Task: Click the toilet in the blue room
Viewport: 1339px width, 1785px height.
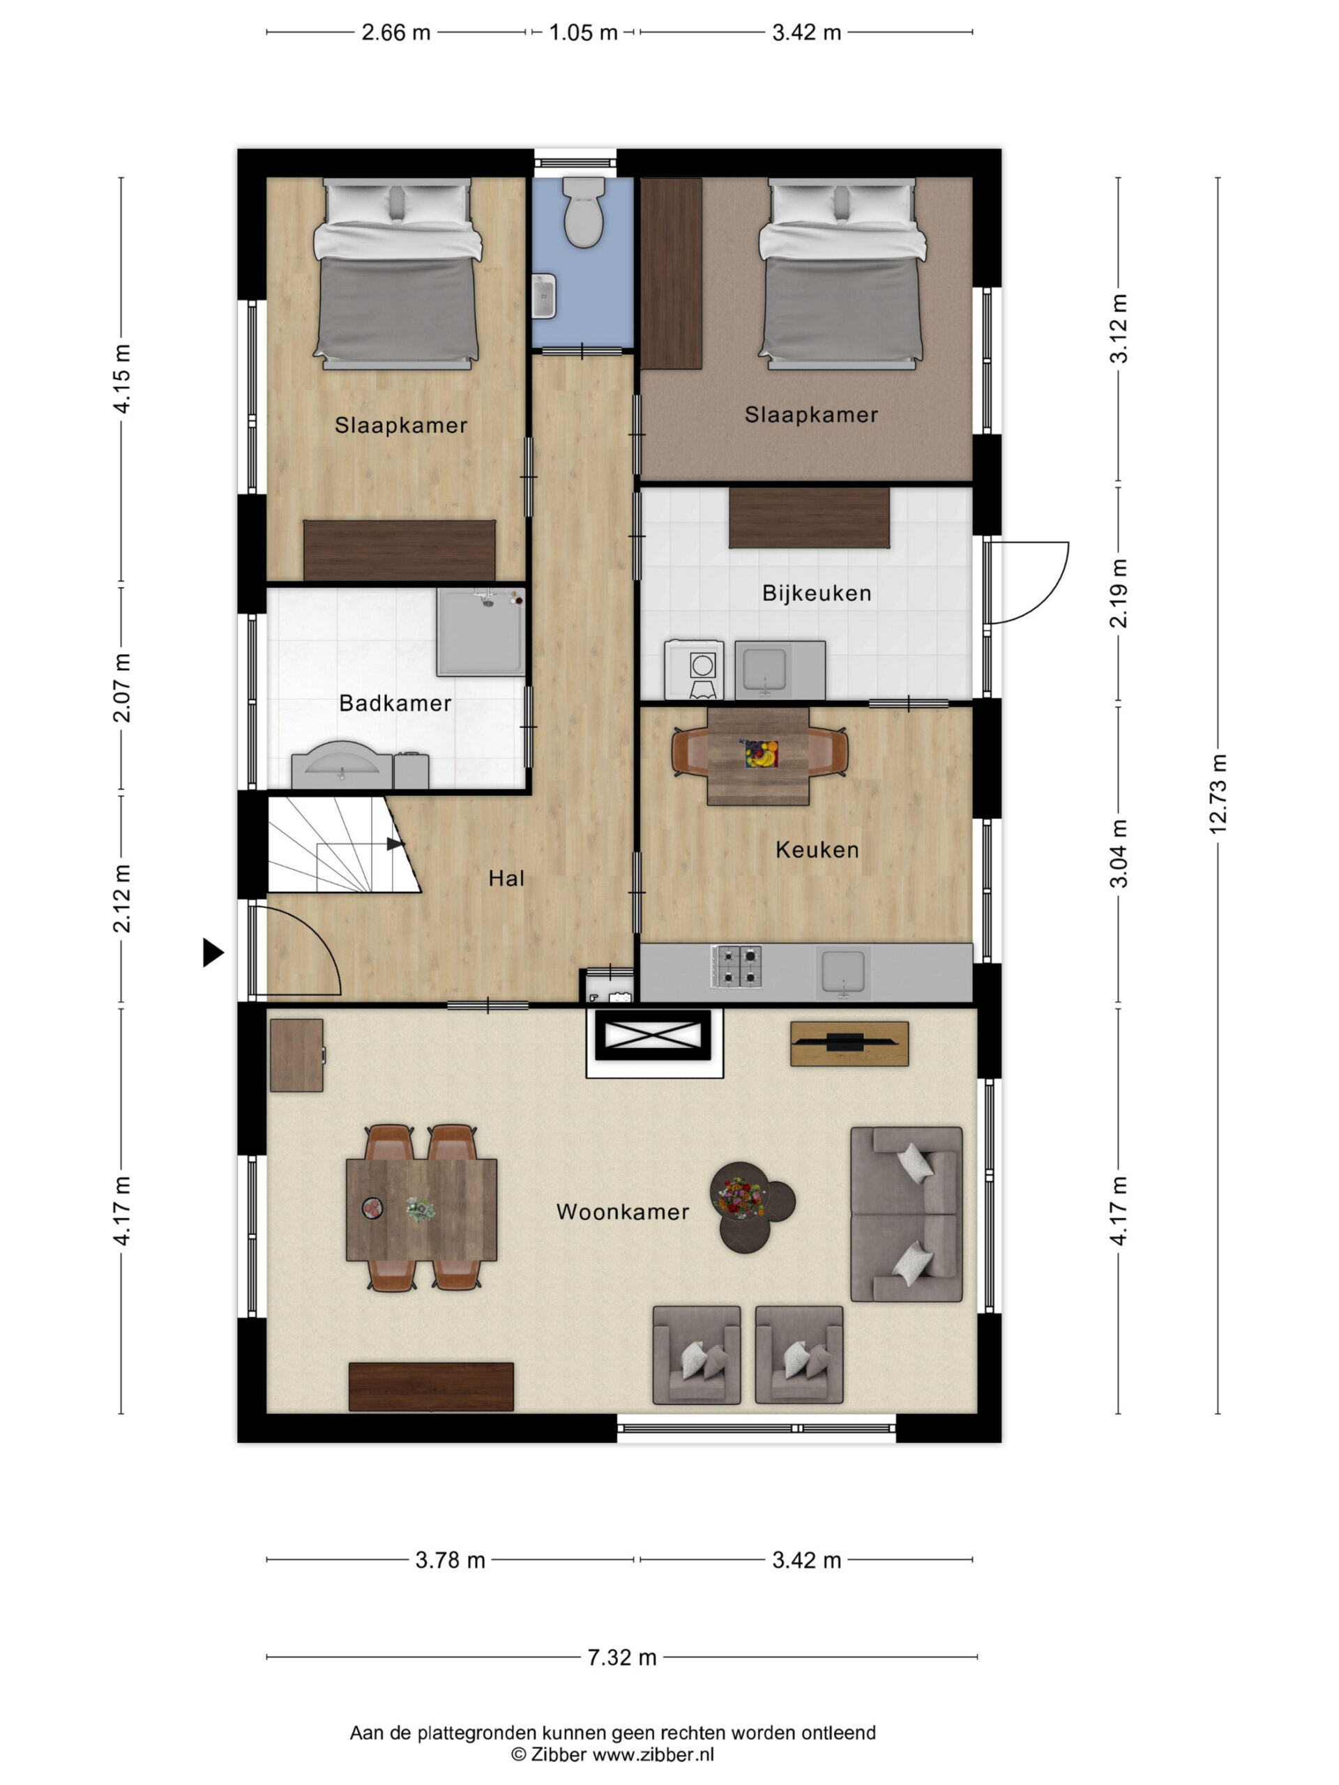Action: (x=584, y=212)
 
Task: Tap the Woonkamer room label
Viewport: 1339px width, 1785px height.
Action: (x=622, y=1211)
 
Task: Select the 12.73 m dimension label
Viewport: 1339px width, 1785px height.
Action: (x=1217, y=794)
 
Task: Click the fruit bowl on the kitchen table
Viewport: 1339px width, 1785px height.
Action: (x=760, y=754)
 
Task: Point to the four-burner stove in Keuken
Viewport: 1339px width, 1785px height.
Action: (x=736, y=966)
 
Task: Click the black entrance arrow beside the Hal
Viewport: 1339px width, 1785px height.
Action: (x=212, y=952)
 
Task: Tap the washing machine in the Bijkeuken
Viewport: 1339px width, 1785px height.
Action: (x=694, y=669)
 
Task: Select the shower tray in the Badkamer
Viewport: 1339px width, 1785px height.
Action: (x=481, y=631)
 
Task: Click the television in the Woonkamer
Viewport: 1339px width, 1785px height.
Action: (x=849, y=1043)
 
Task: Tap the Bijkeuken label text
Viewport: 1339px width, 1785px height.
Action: (x=817, y=593)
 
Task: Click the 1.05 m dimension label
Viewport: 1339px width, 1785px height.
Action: (x=583, y=32)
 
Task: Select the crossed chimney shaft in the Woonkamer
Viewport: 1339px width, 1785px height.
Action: (x=653, y=1035)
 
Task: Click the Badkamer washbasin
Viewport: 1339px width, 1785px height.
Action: (x=343, y=764)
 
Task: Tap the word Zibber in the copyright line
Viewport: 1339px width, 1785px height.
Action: (x=559, y=1754)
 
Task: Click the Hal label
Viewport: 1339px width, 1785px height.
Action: (x=506, y=878)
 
